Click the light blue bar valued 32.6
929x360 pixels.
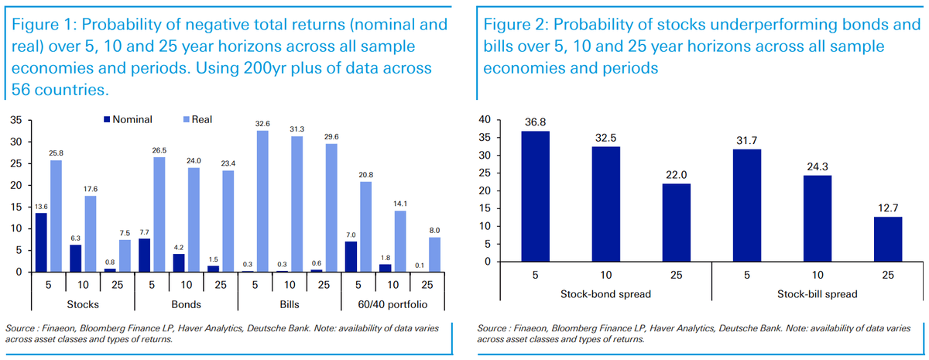(262, 201)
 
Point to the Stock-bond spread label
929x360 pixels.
(605, 295)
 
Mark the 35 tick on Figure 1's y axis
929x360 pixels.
(15, 120)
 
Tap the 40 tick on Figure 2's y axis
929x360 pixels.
(485, 119)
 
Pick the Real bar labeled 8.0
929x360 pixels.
(435, 255)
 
